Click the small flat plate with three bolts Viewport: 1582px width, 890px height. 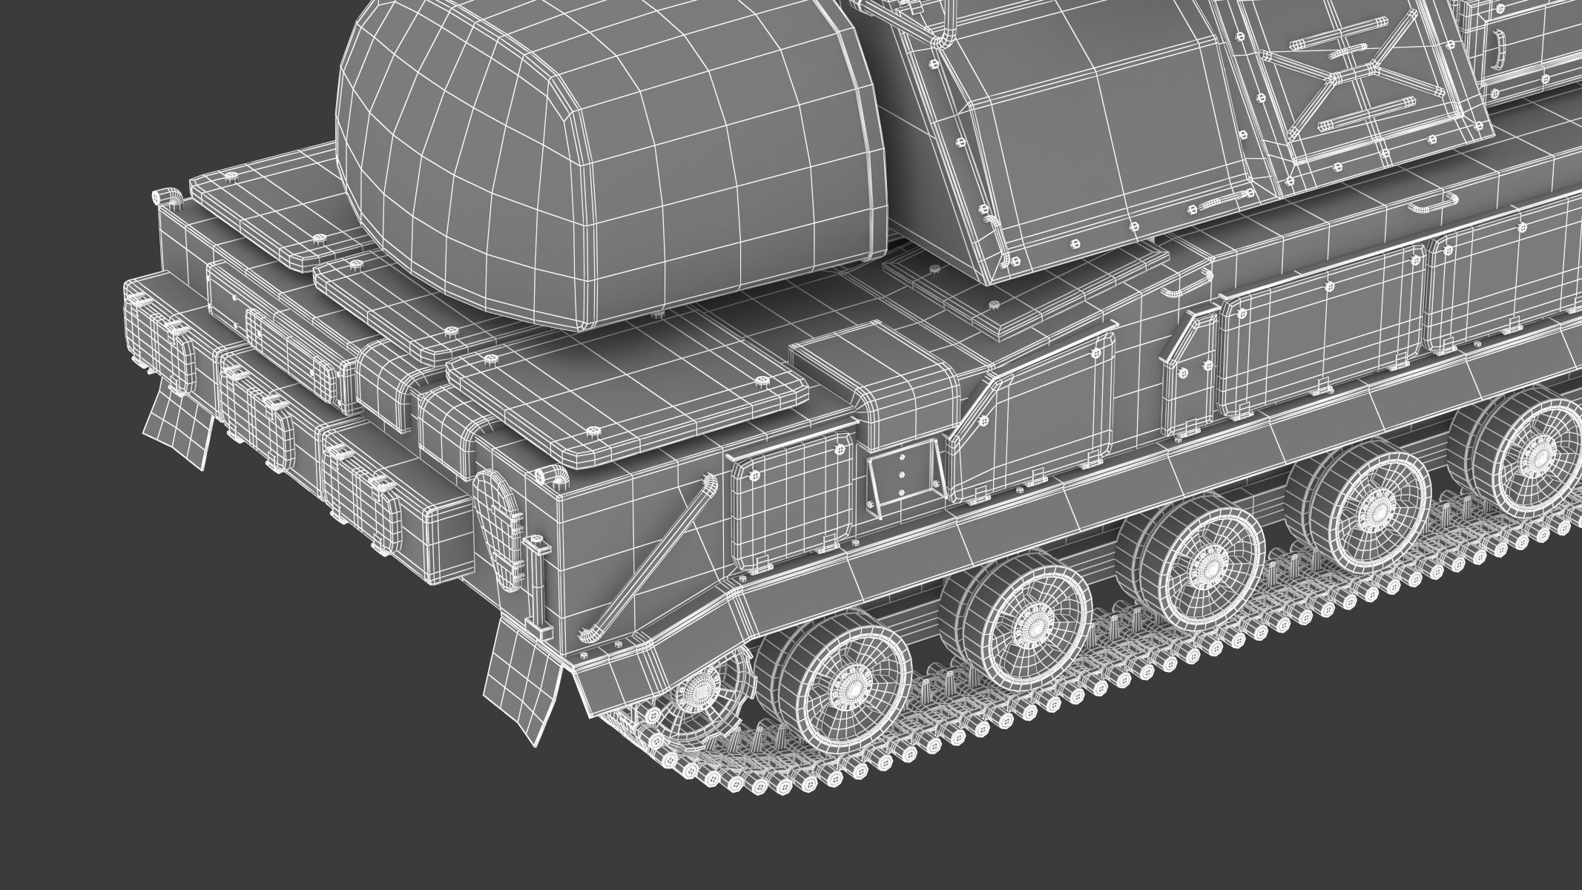900,475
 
